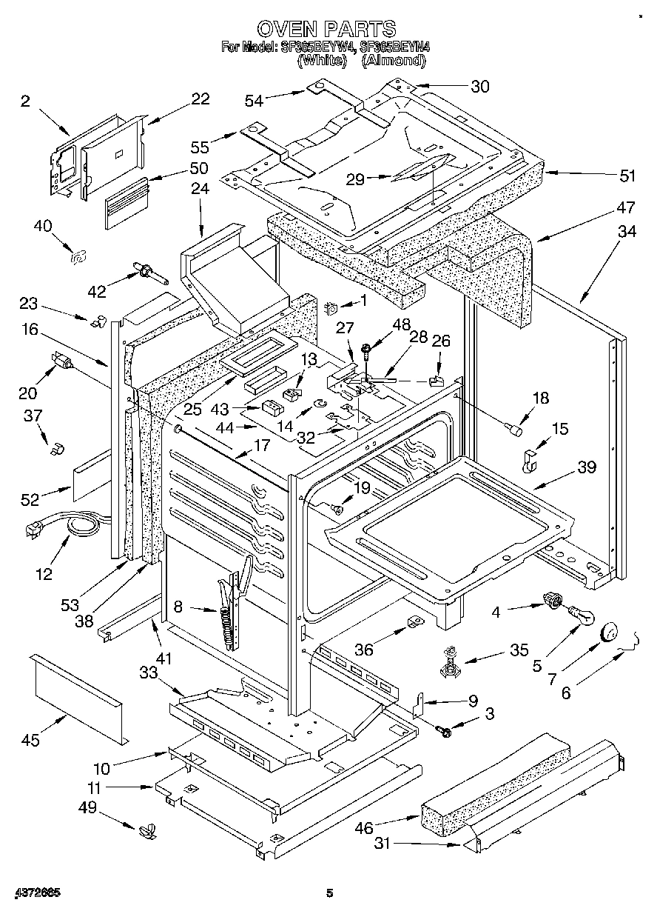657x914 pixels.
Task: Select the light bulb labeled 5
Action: tap(579, 614)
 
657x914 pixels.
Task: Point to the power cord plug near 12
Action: tap(33, 530)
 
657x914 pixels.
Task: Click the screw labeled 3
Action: tap(445, 730)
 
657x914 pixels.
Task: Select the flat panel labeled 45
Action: tap(78, 695)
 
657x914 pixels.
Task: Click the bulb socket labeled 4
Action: tap(551, 601)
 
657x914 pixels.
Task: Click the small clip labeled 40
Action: tap(75, 256)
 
